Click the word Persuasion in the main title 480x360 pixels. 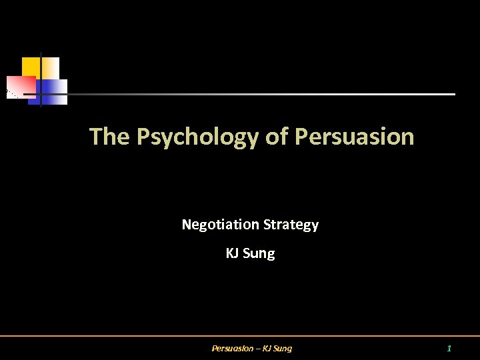pos(354,137)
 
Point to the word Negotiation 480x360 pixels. pos(221,225)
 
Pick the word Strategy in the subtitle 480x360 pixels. pos(291,225)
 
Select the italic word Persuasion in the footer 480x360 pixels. pos(232,348)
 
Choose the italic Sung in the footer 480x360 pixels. pos(283,348)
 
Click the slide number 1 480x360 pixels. pos(449,348)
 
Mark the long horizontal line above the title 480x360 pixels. pos(267,94)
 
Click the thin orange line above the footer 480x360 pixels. pos(240,336)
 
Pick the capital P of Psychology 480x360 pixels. pos(143,137)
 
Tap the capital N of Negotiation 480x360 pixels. pos(187,225)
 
